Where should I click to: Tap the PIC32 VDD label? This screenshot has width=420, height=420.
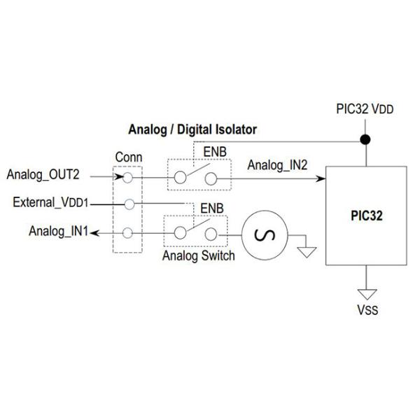coord(365,111)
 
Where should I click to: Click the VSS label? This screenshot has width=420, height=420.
coord(366,309)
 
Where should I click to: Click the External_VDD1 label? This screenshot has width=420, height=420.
coord(51,203)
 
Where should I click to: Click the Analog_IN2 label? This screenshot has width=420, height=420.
coord(276,165)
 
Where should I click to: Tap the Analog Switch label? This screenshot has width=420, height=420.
coord(198,255)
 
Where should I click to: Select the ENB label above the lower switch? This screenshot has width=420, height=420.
coord(212,209)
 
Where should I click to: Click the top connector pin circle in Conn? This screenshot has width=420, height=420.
coord(128,177)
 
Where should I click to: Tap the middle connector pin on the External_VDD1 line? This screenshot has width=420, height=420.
coord(128,204)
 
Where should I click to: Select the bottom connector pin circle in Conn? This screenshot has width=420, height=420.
coord(128,232)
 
